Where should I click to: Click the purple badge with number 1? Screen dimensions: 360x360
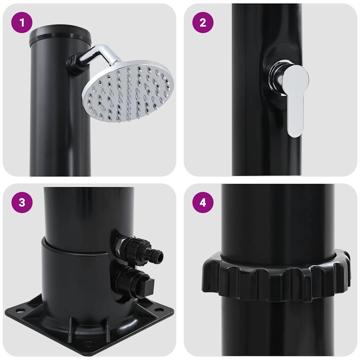(x=22, y=22)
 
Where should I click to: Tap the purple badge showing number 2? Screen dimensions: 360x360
(x=202, y=22)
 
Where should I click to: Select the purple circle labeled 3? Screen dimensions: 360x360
(x=22, y=202)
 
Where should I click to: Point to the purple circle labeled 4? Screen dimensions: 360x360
(x=202, y=202)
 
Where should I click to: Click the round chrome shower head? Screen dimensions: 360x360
(x=128, y=91)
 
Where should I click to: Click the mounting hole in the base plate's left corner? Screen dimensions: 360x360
(x=20, y=310)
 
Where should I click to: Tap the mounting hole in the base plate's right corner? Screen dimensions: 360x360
(x=159, y=310)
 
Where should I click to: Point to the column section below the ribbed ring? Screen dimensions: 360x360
(x=278, y=327)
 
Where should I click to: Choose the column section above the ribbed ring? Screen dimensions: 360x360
(x=278, y=218)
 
